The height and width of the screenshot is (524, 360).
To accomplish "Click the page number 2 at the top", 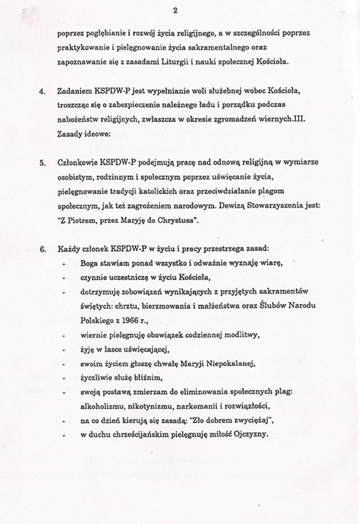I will coord(175,10).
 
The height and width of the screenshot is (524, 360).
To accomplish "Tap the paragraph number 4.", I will coord(42,92).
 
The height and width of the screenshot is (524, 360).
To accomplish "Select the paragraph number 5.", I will coord(42,162).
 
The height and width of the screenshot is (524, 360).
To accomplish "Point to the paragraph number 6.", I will coord(42,249).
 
